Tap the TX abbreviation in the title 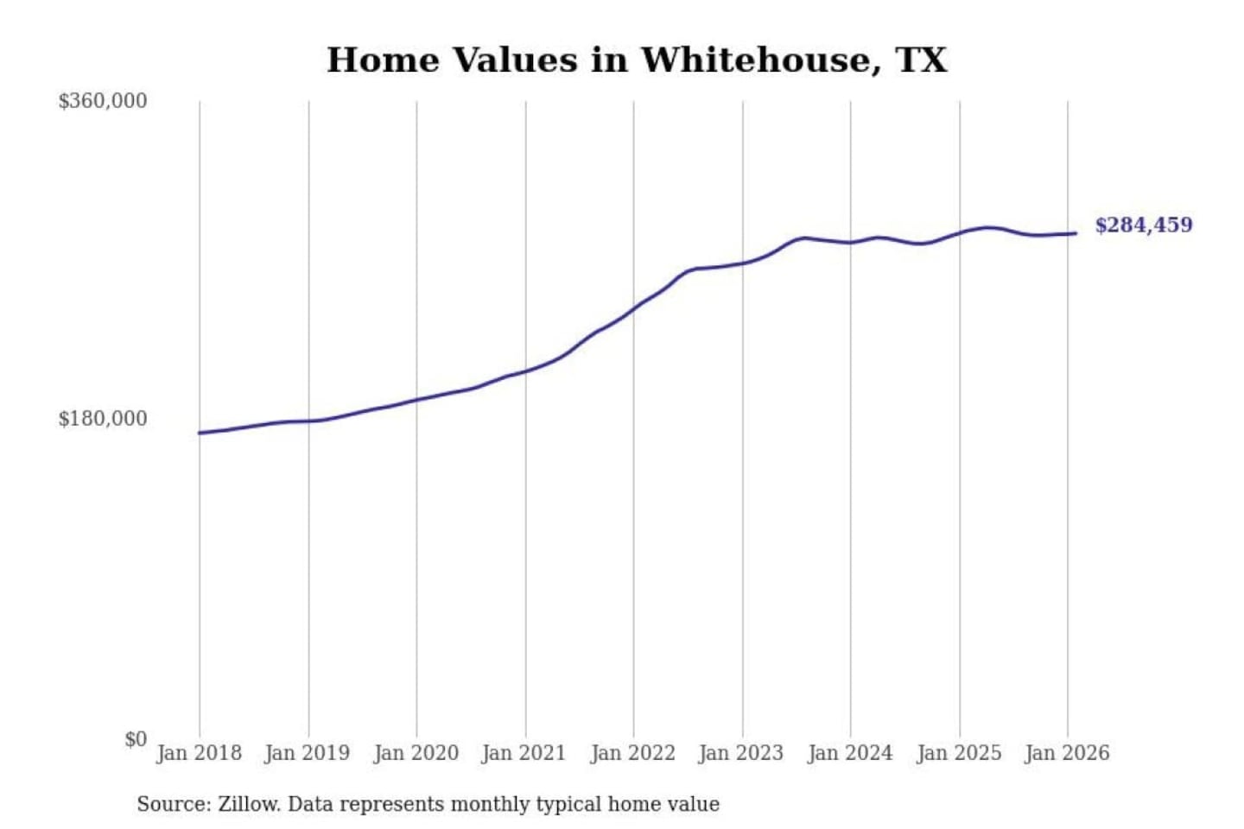click(921, 60)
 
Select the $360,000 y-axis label click(103, 101)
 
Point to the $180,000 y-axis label click(103, 419)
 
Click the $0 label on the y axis click(136, 739)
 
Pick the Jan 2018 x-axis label click(199, 753)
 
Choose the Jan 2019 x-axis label click(308, 753)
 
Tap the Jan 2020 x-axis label click(416, 753)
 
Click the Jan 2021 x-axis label click(524, 753)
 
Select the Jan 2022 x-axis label click(633, 753)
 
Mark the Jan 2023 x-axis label click(741, 753)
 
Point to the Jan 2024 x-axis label click(850, 753)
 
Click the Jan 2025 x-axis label click(959, 753)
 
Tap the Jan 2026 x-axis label click(1067, 753)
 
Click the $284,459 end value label click(1144, 225)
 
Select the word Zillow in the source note click(248, 805)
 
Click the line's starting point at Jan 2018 click(200, 433)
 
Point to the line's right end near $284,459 click(1075, 233)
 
